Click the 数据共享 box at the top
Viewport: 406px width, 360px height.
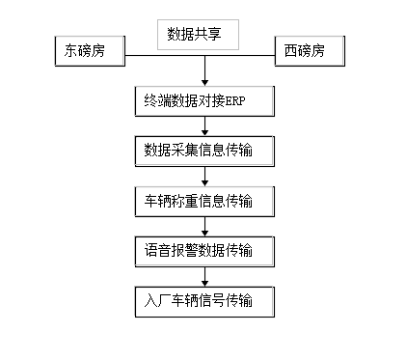[204, 35]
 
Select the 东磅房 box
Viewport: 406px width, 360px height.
[90, 52]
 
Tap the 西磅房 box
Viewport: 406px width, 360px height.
[310, 52]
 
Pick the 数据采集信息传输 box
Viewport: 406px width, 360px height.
[204, 150]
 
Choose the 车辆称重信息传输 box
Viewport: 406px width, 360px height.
[204, 201]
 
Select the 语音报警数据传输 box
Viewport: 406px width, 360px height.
[204, 251]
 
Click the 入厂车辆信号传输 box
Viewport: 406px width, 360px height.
[204, 301]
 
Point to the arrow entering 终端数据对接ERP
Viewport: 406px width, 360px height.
[204, 75]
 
